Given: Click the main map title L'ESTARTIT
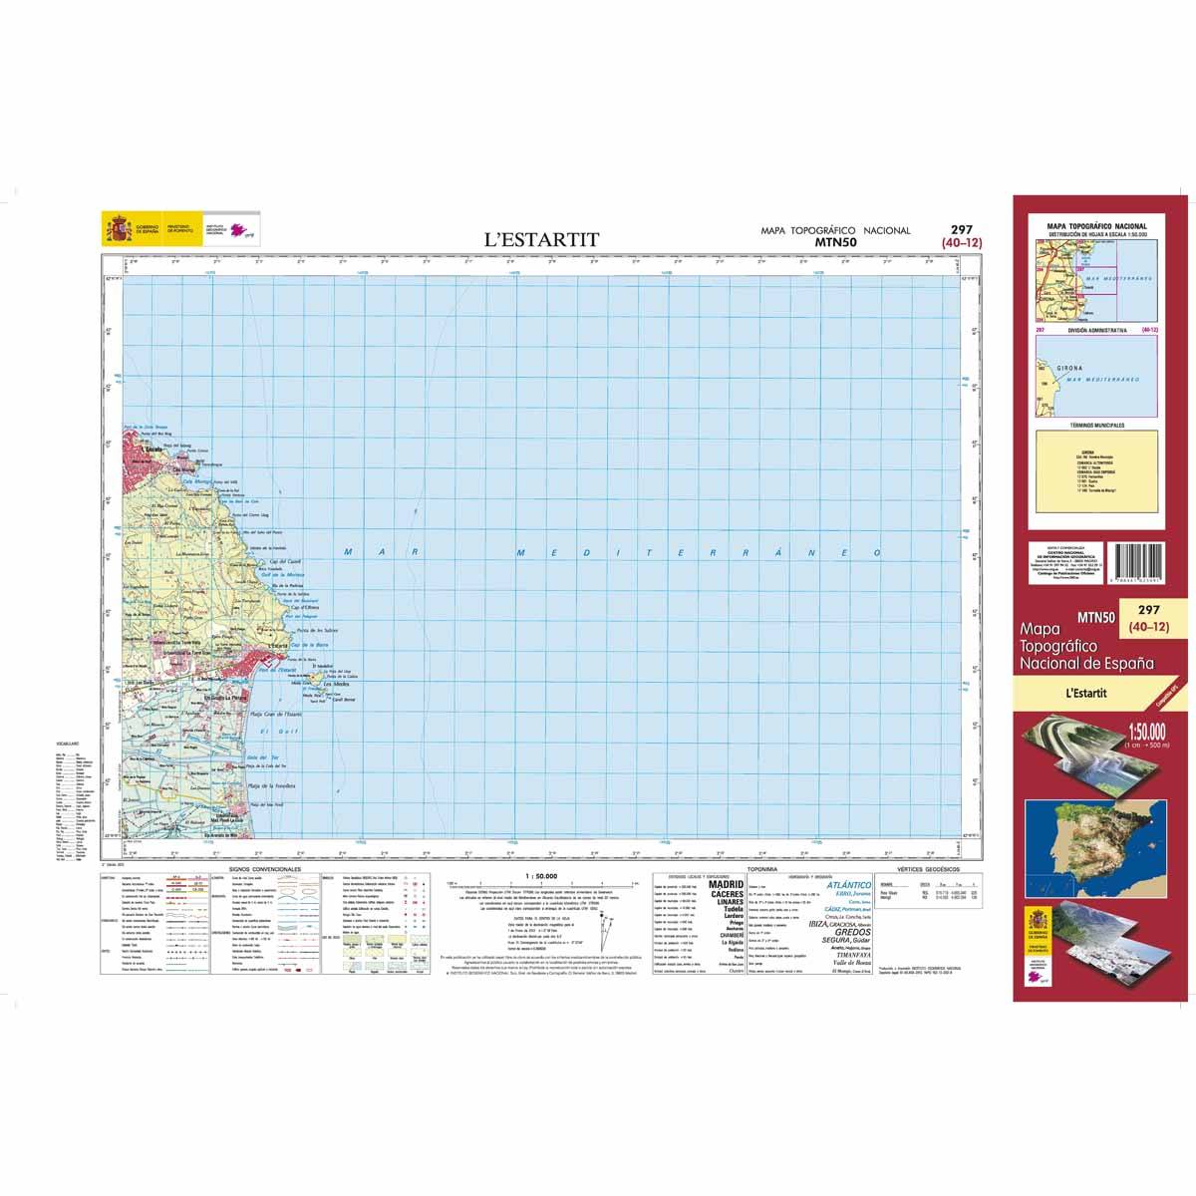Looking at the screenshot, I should pyautogui.click(x=541, y=239).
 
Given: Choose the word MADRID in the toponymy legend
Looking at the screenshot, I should pyautogui.click(x=725, y=884).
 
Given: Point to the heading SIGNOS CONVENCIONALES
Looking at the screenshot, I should pyautogui.click(x=265, y=870).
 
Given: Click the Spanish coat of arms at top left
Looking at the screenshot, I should pyautogui.click(x=118, y=232).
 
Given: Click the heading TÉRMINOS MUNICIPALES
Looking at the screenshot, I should pyautogui.click(x=1095, y=426).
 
